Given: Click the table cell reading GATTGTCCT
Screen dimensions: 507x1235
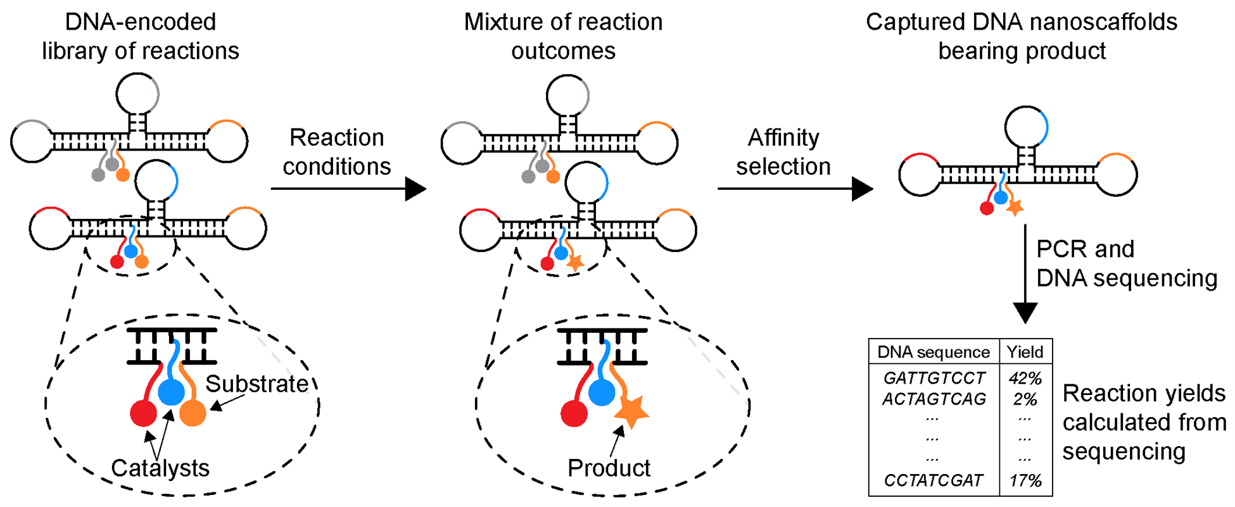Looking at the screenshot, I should coord(934,378).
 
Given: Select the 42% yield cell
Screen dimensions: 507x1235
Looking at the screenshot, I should coord(1025,378).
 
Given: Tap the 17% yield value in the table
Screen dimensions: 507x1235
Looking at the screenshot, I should coord(1025,480).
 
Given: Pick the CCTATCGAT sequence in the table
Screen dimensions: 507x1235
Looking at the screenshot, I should coord(934,480).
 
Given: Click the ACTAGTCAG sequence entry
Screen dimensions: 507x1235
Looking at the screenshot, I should coord(934,399).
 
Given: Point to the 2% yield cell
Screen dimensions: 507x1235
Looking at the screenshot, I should coord(1025,399).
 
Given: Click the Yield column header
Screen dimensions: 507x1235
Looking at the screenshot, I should coord(1025,352).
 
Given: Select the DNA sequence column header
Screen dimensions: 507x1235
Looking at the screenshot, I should coord(934,352).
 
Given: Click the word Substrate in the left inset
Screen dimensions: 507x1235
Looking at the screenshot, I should coord(256,384).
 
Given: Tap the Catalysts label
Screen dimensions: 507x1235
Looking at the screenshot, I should coord(160,468).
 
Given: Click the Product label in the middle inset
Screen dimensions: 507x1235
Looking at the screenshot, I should coord(609,468).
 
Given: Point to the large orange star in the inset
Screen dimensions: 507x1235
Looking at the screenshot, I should coord(631,410).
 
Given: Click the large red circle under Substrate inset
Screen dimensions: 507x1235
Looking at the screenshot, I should coord(143,413).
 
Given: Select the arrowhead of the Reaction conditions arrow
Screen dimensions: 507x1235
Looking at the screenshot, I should coord(415,189).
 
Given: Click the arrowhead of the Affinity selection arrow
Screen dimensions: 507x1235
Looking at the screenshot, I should coord(862,189).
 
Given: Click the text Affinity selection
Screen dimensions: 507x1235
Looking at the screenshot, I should coord(783,152).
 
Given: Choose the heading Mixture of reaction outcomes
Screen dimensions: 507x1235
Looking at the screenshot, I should coord(563,36).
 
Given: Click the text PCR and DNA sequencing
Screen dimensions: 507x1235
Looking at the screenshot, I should coord(1126,263).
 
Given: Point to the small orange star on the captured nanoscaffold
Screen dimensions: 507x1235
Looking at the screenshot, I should coord(1015,206).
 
